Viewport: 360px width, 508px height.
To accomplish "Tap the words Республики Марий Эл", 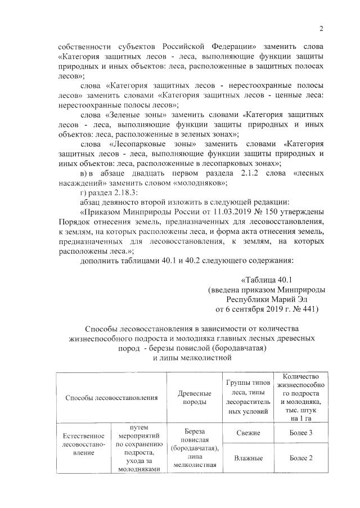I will pyautogui.click(x=263, y=299).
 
